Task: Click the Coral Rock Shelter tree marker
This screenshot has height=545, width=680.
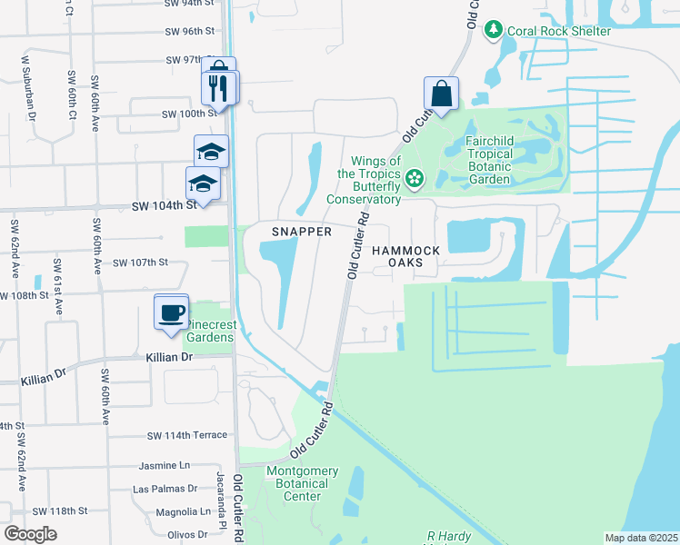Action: tap(494, 30)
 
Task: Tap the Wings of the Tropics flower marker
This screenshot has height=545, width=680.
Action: tap(415, 178)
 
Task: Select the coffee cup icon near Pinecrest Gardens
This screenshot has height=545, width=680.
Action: tap(171, 313)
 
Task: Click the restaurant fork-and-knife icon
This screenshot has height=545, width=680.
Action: tap(219, 88)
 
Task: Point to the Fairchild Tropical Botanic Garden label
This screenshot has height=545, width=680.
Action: tap(501, 154)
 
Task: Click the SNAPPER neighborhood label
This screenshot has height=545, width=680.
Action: tap(302, 232)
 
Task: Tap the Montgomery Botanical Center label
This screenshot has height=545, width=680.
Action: tap(302, 483)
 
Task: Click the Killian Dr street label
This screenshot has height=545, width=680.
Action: tap(170, 358)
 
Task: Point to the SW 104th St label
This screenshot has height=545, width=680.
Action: tap(165, 206)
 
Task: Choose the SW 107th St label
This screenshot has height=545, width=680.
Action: tap(141, 263)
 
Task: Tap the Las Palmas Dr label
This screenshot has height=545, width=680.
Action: tap(165, 489)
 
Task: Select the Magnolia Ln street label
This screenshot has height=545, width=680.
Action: tap(171, 512)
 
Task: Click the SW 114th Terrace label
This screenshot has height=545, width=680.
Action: tap(186, 436)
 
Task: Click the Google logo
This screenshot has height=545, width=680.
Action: tap(31, 534)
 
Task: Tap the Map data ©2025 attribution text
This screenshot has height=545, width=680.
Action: tap(640, 538)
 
